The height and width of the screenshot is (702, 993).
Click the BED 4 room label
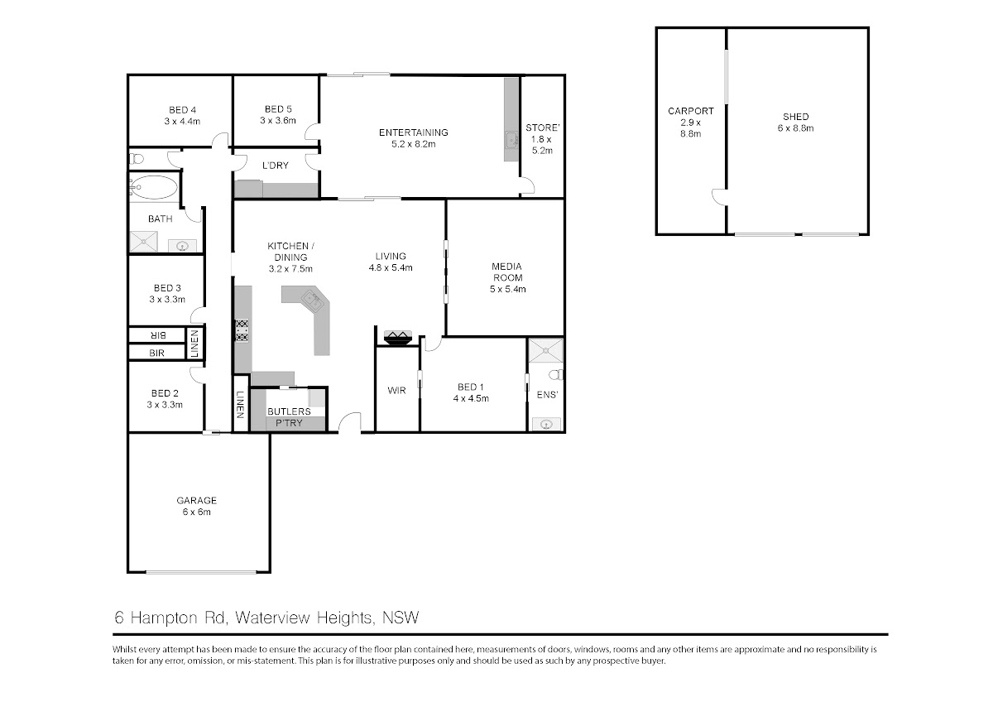182,115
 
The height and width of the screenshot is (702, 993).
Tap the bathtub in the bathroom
153,187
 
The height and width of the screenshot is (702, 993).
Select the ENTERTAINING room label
413,138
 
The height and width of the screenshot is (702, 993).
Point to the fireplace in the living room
398,337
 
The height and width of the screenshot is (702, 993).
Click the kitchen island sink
312,300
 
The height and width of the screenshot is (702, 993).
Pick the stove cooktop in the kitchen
242,331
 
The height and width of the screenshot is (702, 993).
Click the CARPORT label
691,123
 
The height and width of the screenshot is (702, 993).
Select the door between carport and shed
719,197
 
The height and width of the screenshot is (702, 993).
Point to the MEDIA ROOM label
507,277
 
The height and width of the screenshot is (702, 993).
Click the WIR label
396,391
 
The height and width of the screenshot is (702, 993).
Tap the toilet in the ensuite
556,375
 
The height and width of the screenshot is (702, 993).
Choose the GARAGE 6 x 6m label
196,506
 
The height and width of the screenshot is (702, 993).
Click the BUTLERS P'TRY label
289,417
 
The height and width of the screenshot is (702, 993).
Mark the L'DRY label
276,166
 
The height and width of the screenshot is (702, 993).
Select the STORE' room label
542,139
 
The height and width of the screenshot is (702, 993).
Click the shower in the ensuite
545,350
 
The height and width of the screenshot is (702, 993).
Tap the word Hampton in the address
164,618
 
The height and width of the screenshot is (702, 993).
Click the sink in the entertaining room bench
511,141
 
